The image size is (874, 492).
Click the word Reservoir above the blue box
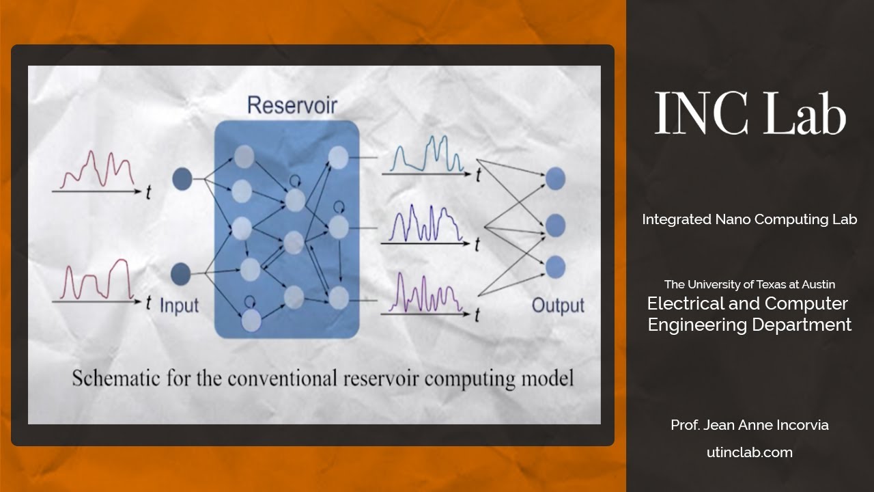pyautogui.click(x=292, y=105)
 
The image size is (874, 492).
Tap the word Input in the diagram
pyautogui.click(x=178, y=305)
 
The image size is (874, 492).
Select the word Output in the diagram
pyautogui.click(x=558, y=305)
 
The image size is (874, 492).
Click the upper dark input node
pyautogui.click(x=181, y=179)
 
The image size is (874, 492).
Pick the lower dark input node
pyautogui.click(x=180, y=273)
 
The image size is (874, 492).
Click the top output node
pyautogui.click(x=555, y=178)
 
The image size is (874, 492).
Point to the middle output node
pyautogui.click(x=555, y=225)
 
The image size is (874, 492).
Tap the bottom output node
pyautogui.click(x=555, y=266)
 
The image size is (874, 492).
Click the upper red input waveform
pyautogui.click(x=97, y=170)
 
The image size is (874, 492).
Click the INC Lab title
pyautogui.click(x=750, y=113)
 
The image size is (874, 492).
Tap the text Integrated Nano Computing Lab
pyautogui.click(x=749, y=219)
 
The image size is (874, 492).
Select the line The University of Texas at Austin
pyautogui.click(x=749, y=284)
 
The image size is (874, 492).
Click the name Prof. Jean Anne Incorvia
pyautogui.click(x=749, y=425)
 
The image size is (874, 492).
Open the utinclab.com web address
pyautogui.click(x=749, y=452)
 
